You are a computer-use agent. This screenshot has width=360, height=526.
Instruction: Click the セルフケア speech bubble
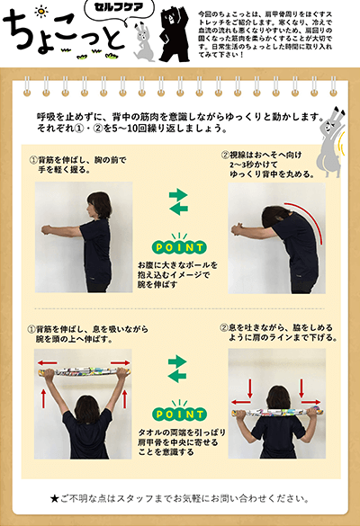[x=119, y=8]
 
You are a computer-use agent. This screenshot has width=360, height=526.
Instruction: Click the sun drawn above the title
[x=41, y=12]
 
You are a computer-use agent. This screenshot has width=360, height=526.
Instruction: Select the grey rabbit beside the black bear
[x=143, y=41]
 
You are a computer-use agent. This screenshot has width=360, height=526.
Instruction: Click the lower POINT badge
[x=179, y=413]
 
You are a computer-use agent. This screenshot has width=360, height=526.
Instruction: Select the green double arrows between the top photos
[x=178, y=202]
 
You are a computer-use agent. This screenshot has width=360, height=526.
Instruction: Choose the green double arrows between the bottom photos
[x=177, y=370]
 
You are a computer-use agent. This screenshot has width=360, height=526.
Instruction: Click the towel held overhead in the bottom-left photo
[x=84, y=371]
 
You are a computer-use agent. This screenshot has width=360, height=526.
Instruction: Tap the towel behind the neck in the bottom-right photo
[x=277, y=411]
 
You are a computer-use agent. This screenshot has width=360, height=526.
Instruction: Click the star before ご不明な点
[x=54, y=498]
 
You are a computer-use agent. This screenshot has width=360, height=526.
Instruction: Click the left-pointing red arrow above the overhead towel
[x=47, y=362]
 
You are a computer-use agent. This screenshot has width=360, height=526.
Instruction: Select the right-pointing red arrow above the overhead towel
[x=120, y=362]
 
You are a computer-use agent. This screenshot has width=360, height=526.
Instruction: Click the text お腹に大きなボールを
[x=177, y=265]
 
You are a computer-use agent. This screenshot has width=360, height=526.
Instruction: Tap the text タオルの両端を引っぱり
[x=182, y=432]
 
